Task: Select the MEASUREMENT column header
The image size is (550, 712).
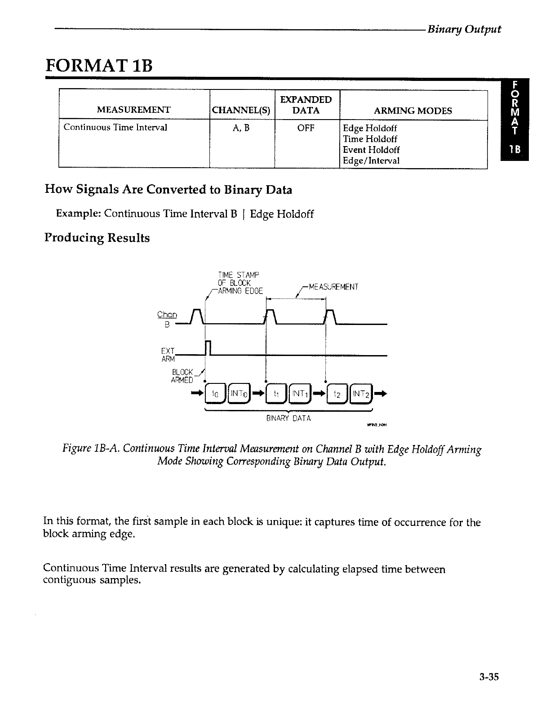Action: point(134,110)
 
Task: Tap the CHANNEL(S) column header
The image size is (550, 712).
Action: point(242,111)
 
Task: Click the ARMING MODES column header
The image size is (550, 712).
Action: point(413,111)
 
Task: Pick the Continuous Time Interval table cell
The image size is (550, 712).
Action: point(115,127)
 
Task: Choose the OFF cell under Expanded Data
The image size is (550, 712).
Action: point(306,128)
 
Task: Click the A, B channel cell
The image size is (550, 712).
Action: point(241,128)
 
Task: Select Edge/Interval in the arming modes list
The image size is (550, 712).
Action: point(371,160)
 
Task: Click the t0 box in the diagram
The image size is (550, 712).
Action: point(214,394)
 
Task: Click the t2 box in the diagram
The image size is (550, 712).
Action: point(337,394)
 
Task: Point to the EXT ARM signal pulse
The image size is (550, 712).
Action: point(208,348)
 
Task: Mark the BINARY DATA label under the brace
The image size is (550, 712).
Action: point(288,418)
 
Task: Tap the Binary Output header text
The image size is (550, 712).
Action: point(464,29)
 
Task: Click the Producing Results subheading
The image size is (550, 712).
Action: point(97,238)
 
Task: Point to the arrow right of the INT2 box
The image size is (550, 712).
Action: point(380,394)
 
